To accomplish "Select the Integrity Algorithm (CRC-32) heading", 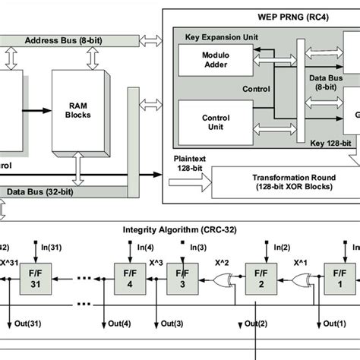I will coord(180,229).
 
